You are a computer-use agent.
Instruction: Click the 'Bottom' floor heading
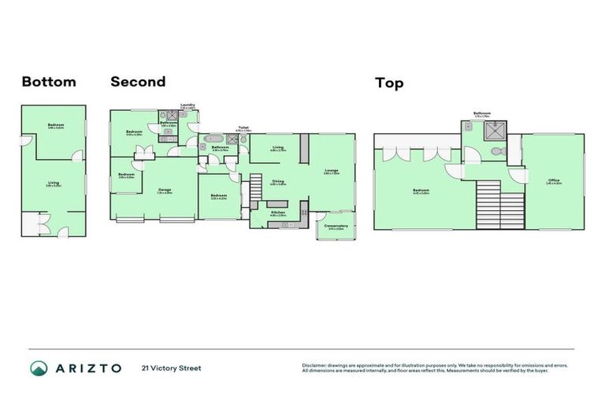(49, 82)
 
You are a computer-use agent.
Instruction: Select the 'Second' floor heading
(138, 81)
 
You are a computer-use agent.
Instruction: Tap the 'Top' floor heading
(389, 82)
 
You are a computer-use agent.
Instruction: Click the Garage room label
(165, 190)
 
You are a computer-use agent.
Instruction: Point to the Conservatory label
(336, 226)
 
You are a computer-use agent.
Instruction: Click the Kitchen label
(278, 213)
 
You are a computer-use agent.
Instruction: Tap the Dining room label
(278, 182)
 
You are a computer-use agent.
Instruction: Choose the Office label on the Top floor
(554, 181)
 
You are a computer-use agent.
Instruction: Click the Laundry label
(187, 105)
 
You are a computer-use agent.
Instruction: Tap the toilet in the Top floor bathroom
(496, 151)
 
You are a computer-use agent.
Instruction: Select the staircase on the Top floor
(490, 204)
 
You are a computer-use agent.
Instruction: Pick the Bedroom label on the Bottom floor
(55, 125)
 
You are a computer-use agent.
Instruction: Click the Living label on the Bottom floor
(54, 183)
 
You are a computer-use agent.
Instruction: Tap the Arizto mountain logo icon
(39, 368)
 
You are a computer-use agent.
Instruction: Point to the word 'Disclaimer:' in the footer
(314, 365)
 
